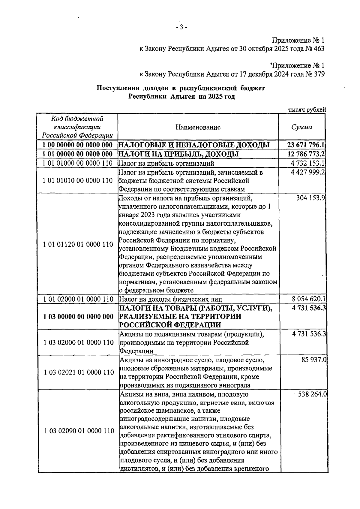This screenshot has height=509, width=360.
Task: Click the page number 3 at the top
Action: point(181,28)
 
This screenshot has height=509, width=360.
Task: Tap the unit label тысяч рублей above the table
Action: point(307,110)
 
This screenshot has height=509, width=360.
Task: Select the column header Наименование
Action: point(198,127)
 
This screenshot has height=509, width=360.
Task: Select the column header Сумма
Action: point(302,127)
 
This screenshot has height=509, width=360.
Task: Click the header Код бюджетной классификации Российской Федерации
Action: point(77,127)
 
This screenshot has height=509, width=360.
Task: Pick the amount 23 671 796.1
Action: point(306,145)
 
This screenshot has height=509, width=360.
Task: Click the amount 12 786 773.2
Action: point(306,154)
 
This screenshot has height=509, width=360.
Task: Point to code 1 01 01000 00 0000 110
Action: point(78,163)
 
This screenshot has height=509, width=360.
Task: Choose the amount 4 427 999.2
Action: point(308,173)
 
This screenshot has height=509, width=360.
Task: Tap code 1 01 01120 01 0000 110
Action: point(78,244)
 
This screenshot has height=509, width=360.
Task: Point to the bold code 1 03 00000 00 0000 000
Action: point(78,317)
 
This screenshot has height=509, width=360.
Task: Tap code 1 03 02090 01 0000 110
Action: point(79,431)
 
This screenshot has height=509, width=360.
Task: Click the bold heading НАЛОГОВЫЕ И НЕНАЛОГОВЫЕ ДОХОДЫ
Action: point(194,145)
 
